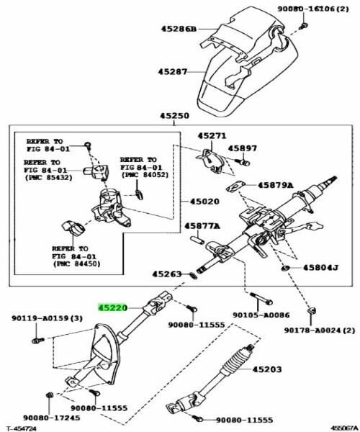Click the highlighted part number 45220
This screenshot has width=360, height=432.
coord(112,307)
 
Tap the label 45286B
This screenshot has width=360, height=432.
coord(179,29)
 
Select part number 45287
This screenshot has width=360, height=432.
coord(173,72)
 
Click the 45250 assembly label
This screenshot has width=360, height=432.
coord(175,116)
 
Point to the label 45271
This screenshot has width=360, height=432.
coord(212,135)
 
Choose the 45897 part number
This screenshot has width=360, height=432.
coord(243,148)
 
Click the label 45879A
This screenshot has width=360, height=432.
coord(276,185)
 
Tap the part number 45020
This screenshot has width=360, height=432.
coord(204,202)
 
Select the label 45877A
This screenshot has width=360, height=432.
coord(202,226)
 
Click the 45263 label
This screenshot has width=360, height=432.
coord(167,274)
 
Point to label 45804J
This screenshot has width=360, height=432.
coord(321,267)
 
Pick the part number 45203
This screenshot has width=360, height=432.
coord(267,369)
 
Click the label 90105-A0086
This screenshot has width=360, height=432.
coord(261,315)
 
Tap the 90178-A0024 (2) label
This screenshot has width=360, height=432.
coord(320,330)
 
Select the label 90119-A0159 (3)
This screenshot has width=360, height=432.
coord(47,318)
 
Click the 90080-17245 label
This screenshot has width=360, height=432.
coord(52,418)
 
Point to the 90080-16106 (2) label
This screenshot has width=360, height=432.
coord(313,9)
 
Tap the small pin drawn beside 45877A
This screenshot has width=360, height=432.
coord(197,238)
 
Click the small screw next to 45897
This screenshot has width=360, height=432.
coord(243,162)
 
